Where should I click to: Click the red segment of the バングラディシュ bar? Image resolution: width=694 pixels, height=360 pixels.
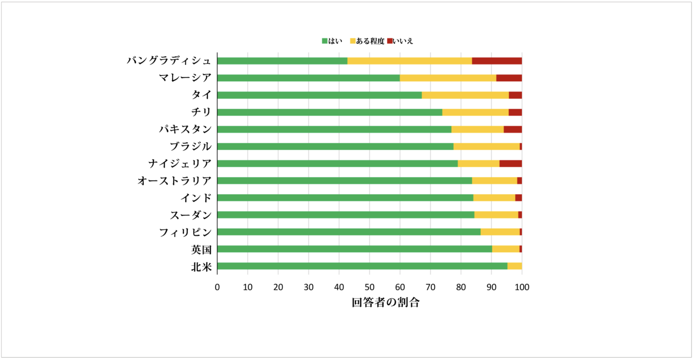497,61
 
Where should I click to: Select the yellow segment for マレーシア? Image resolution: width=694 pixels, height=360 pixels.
448,78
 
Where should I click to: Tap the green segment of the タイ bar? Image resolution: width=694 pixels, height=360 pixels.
319,95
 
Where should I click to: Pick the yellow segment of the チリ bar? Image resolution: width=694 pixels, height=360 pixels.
475,112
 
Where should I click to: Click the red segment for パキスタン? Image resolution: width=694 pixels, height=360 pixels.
513,129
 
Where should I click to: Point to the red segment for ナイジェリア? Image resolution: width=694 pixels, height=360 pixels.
511,164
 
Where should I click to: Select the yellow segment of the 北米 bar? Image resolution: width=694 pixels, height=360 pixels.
515,266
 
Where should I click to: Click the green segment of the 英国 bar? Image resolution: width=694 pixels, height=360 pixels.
354,249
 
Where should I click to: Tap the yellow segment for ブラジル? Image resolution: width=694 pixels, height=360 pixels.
486,146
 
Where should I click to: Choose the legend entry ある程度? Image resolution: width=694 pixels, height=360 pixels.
367,41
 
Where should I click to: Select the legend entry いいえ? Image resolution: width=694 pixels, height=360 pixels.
400,41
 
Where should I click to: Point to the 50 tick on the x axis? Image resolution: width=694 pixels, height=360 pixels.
370,287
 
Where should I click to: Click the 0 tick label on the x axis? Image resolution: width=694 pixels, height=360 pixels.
217,287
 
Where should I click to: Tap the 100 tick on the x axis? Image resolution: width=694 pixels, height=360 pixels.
522,287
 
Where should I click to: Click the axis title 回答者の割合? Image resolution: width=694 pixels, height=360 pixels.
385,302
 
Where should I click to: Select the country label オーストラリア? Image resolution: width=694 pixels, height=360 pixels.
174,181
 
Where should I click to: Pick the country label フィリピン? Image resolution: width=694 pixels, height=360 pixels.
185,232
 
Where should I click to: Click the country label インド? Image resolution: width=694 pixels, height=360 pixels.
196,198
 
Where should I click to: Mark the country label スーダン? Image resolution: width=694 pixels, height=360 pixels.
191,215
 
